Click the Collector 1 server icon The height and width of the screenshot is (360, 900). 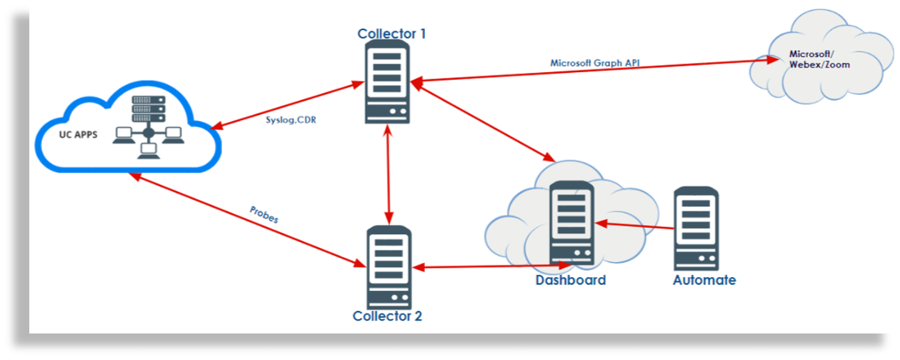[387, 81]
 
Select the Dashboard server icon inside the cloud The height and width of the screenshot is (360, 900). [572, 222]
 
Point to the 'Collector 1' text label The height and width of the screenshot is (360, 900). [392, 34]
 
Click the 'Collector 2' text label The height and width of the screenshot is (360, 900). [387, 315]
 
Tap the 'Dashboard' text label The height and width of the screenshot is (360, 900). [571, 280]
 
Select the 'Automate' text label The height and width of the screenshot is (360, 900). [704, 280]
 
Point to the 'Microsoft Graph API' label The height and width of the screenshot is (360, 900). [594, 63]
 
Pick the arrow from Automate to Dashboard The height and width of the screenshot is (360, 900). [636, 226]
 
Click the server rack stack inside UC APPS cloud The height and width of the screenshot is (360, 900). [149, 108]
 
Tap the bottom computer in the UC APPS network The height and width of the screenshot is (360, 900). [149, 149]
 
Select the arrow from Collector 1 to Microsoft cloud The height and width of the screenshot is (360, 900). [593, 71]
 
